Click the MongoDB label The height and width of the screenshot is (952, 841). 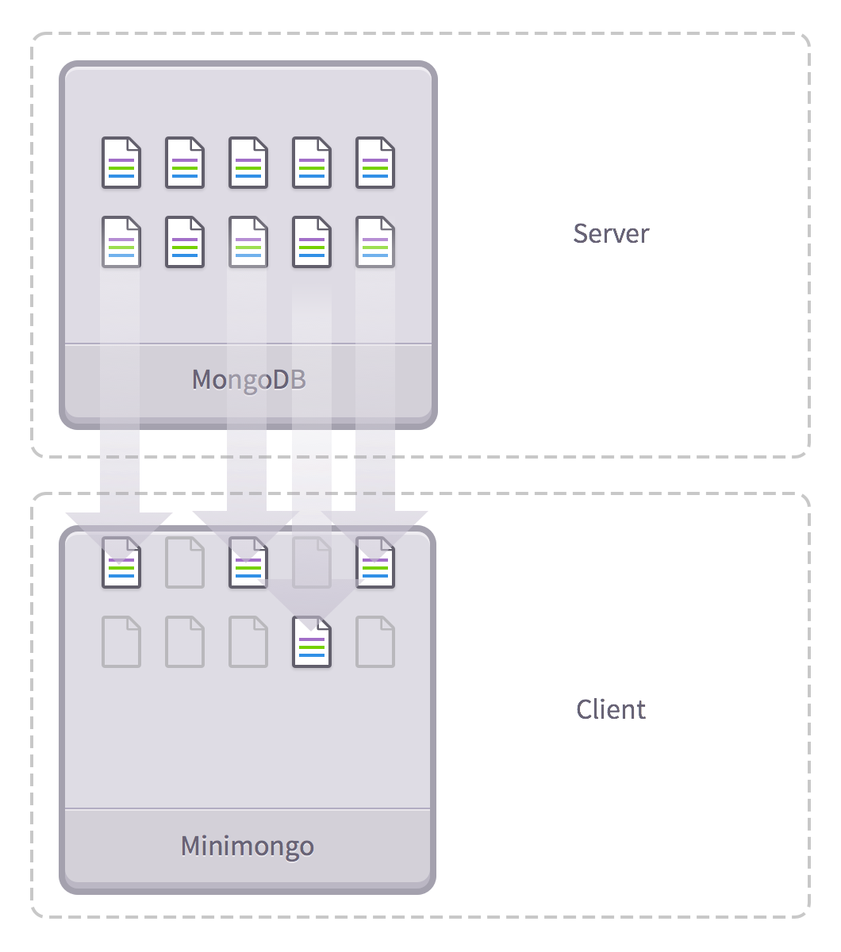click(x=248, y=380)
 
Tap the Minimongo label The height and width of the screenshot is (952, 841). click(x=248, y=846)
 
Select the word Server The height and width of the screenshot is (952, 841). click(x=611, y=233)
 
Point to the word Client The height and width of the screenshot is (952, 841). click(x=611, y=708)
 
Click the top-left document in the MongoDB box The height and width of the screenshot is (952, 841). click(x=121, y=163)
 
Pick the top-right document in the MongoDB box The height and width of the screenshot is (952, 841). click(x=375, y=163)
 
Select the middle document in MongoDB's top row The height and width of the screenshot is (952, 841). click(x=248, y=163)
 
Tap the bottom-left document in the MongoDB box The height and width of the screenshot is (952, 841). click(x=121, y=242)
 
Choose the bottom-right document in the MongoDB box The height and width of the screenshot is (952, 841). click(x=375, y=242)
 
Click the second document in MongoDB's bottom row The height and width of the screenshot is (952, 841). click(x=185, y=242)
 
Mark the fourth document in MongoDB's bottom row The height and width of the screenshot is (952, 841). click(x=312, y=242)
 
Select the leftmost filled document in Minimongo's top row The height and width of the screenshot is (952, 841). click(x=121, y=562)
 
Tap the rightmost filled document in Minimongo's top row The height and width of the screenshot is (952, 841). click(x=375, y=562)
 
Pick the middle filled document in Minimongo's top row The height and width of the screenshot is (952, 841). click(x=248, y=562)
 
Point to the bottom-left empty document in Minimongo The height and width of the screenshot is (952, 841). click(x=121, y=642)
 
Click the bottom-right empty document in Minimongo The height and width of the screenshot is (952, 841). click(x=375, y=642)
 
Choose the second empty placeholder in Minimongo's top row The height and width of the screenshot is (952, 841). click(x=312, y=562)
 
